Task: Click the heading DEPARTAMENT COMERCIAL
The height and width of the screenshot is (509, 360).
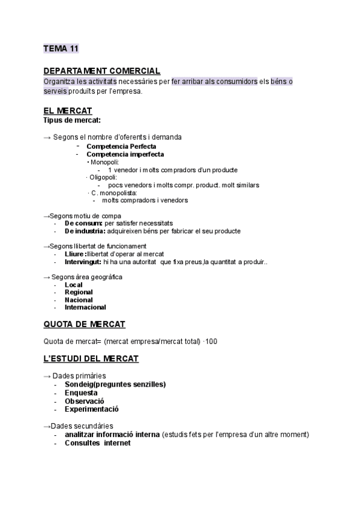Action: pyautogui.click(x=101, y=71)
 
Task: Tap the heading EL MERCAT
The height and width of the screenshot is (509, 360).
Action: pyautogui.click(x=67, y=111)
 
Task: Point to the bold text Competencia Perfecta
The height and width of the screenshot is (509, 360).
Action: pyautogui.click(x=121, y=146)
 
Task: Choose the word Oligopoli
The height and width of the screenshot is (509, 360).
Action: pyautogui.click(x=103, y=178)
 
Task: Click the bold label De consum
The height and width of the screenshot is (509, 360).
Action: pyautogui.click(x=83, y=223)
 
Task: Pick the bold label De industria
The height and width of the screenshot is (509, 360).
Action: pyautogui.click(x=85, y=231)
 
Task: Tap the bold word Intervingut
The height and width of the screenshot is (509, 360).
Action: pyautogui.click(x=83, y=262)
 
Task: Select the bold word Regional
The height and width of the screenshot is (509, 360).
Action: pyautogui.click(x=79, y=292)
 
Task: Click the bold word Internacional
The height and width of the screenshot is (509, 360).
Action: pyautogui.click(x=85, y=307)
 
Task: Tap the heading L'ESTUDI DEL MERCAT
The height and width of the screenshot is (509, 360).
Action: pyautogui.click(x=91, y=359)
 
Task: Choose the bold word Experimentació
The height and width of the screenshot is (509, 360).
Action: pyautogui.click(x=92, y=409)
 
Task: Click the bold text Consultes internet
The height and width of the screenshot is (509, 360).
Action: pyautogui.click(x=97, y=443)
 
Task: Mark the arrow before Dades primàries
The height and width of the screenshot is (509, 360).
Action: pyautogui.click(x=47, y=376)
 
